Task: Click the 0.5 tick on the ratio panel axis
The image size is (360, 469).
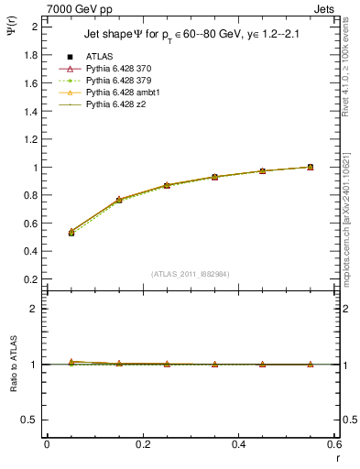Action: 31,420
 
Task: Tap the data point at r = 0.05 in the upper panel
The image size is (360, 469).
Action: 71,233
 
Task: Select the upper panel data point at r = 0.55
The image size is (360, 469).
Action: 311,167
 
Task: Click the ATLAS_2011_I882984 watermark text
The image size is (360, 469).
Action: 191,273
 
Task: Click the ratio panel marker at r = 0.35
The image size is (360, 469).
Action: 214,365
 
